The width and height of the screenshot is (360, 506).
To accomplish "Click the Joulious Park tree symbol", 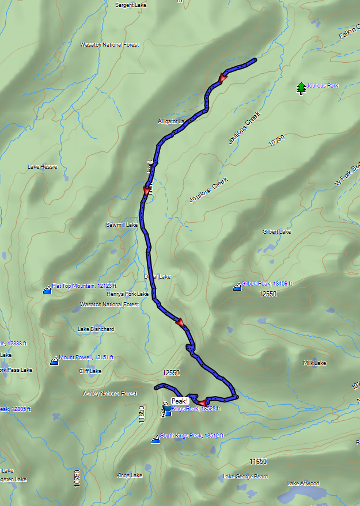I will (300, 88).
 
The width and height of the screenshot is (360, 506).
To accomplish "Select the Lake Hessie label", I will (43, 167).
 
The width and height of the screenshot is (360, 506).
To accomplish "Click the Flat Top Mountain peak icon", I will (47, 290).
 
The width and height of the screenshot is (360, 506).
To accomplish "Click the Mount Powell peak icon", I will (54, 361).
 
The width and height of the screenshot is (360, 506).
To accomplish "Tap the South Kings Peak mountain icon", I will (155, 440).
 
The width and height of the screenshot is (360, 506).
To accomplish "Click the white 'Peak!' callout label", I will (180, 401).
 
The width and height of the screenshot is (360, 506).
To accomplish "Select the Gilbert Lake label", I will (277, 232).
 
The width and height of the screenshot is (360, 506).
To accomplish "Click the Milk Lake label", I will (314, 363).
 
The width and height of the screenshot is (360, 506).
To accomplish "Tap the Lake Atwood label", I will (303, 483).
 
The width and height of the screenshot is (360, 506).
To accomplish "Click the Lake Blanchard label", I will (96, 329).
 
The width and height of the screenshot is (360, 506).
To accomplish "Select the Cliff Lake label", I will (90, 371).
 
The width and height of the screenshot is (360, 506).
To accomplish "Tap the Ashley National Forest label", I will (109, 394).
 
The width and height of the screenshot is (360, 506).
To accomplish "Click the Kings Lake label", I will (129, 475).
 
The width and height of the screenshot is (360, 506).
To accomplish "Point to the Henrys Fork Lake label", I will (127, 294).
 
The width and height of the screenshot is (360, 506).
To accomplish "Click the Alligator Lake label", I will (173, 121).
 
